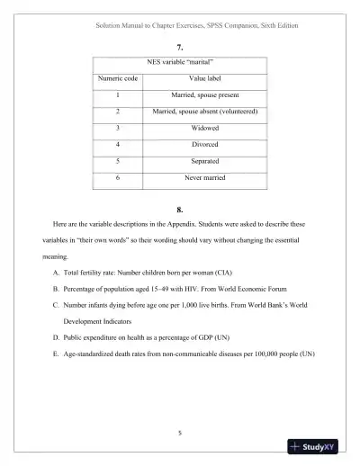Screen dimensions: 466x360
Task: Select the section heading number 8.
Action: (x=181, y=211)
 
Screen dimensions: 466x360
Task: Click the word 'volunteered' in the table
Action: (x=238, y=112)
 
